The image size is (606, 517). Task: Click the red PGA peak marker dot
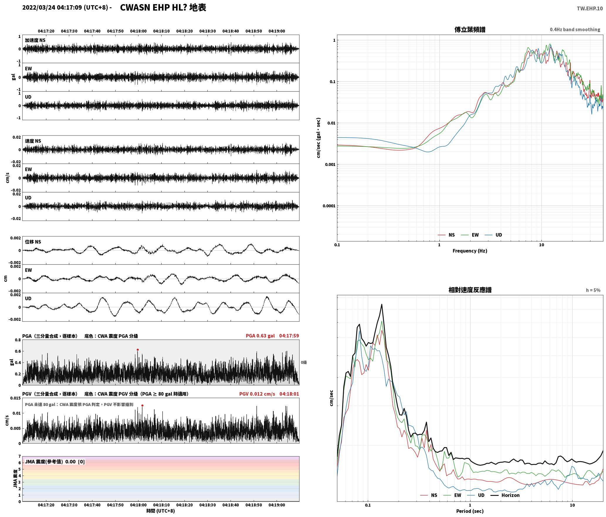[x=138, y=350]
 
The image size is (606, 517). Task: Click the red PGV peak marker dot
[x=142, y=405]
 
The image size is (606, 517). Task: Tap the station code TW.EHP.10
[x=590, y=9]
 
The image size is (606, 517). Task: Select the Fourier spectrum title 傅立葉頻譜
[x=470, y=29]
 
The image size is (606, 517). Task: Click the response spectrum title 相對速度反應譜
[x=470, y=290]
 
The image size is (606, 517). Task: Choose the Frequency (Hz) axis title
[x=470, y=251]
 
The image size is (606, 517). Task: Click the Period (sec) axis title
[x=470, y=511]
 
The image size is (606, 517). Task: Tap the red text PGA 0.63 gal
[x=260, y=336]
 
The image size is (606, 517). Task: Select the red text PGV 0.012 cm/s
[x=257, y=394]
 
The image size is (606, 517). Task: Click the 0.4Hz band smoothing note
[x=575, y=29]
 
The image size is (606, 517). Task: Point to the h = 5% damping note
[x=593, y=290]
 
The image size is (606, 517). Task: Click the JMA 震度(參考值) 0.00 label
[x=50, y=461]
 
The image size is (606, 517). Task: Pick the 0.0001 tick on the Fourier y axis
[x=329, y=206]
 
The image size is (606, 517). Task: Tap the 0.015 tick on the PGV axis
[x=16, y=398]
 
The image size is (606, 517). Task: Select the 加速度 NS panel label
[x=35, y=40]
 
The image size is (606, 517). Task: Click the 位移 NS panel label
[x=33, y=242]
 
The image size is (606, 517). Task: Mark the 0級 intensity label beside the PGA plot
[x=304, y=362]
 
